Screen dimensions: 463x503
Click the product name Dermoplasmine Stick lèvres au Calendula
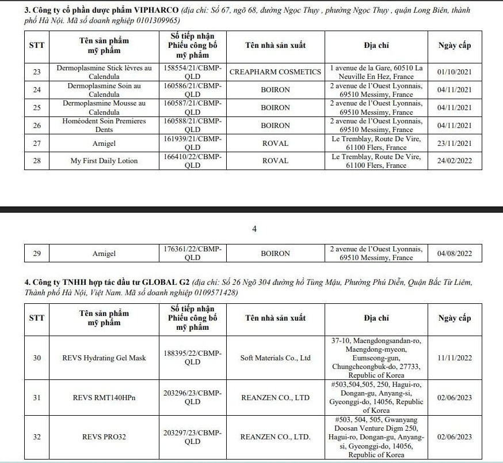(x=104, y=72)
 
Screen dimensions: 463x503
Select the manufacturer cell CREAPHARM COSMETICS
(x=275, y=72)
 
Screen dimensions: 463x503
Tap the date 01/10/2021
(x=455, y=72)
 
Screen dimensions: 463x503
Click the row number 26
(x=37, y=125)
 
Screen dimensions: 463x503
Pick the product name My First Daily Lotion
(x=104, y=161)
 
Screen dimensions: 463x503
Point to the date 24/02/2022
(x=455, y=161)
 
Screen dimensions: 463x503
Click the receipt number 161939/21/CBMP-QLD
(x=192, y=143)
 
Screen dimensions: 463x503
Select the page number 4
(x=254, y=229)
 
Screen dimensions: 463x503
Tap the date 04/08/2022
(x=455, y=253)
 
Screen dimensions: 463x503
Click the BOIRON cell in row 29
(x=275, y=253)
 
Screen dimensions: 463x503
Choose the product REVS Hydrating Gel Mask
(x=104, y=358)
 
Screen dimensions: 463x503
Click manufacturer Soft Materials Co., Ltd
(x=275, y=358)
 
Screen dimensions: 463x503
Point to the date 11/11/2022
(x=455, y=358)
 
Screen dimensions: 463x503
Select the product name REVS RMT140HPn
(x=104, y=397)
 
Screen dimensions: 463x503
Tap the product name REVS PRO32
(x=104, y=437)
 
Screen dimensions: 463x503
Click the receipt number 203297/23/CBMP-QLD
(x=192, y=437)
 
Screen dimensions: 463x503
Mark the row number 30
(x=37, y=358)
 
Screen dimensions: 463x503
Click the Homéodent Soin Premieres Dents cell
(x=104, y=125)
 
